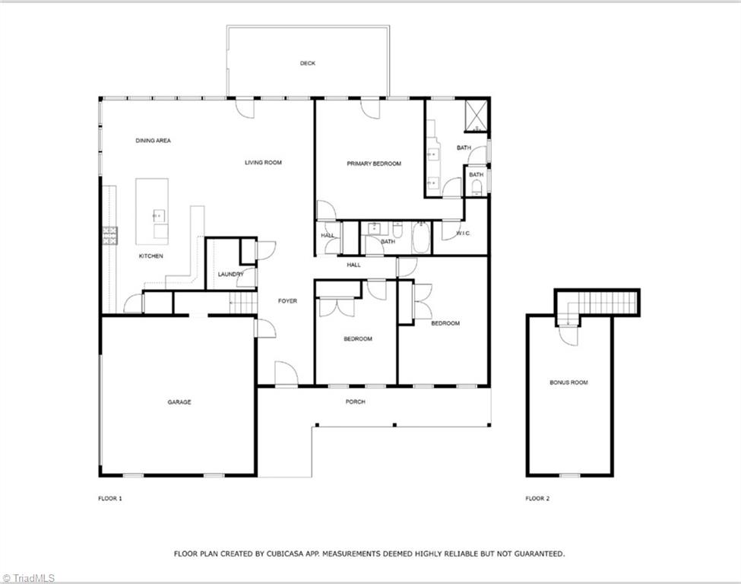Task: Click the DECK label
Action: point(307,64)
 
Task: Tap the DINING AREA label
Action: point(153,141)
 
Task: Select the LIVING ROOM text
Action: point(263,163)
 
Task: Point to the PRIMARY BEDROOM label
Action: point(373,163)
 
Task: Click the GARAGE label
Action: point(179,402)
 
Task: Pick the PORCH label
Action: point(355,401)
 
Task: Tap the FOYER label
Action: point(287,301)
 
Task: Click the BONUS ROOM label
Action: point(568,382)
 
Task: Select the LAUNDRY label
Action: point(230,274)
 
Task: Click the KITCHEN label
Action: point(150,256)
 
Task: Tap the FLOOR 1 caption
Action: point(110,499)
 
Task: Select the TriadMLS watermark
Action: point(27,577)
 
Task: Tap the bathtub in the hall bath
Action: point(421,236)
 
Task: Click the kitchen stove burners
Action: point(109,236)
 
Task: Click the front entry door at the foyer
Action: point(286,374)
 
